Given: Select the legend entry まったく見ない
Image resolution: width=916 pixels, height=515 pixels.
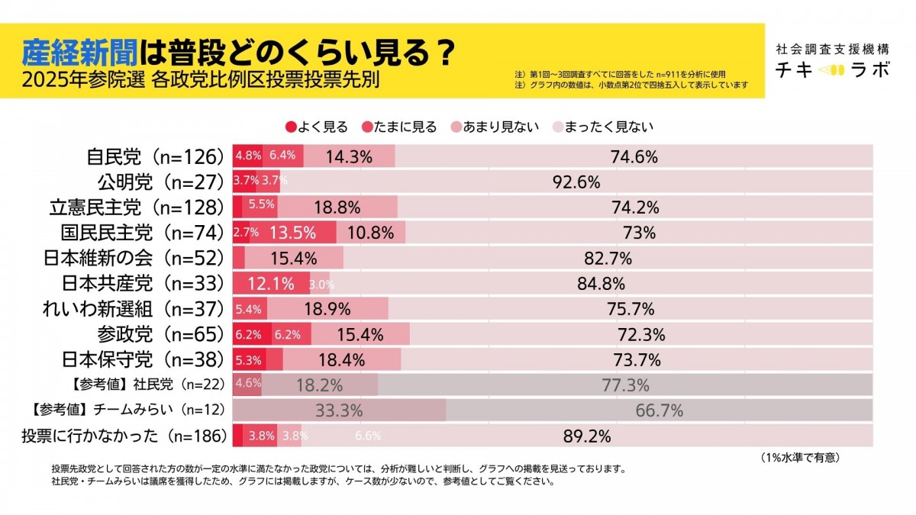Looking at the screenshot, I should point(603,127).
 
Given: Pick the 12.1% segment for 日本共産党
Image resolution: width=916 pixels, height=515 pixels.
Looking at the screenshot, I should point(271,284).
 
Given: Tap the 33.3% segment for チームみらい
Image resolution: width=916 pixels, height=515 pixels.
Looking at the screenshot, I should point(338,410).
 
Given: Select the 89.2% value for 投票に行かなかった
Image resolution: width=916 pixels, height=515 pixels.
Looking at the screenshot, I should point(587,436).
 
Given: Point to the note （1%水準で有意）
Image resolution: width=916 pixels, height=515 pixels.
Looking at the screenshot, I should point(800,458).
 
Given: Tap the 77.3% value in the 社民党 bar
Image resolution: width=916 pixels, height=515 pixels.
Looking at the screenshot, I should point(625,385).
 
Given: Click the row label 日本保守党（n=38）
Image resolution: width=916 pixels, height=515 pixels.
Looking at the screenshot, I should point(141,359).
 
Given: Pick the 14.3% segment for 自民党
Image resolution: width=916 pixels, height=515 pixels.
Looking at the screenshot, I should point(349,157).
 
